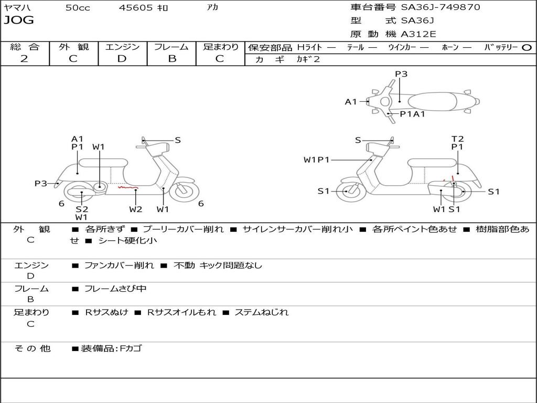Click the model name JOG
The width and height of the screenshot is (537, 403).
tap(19, 20)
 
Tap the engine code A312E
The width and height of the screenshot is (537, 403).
tap(418, 34)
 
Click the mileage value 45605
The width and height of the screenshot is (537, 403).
tap(136, 8)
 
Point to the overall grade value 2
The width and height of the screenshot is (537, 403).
tap(24, 59)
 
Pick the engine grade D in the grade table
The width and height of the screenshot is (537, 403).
tap(122, 59)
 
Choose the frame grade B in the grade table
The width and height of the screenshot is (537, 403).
tap(171, 59)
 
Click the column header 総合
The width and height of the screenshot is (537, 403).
tap(24, 47)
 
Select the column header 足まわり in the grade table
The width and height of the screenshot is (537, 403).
tap(220, 47)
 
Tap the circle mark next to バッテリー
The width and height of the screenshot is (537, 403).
tap(527, 47)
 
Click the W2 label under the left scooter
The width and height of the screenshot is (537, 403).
tap(136, 209)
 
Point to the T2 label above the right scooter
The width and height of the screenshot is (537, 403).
tap(458, 139)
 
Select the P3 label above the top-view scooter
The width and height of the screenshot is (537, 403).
tap(401, 74)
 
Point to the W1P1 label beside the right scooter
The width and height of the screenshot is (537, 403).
tap(317, 160)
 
